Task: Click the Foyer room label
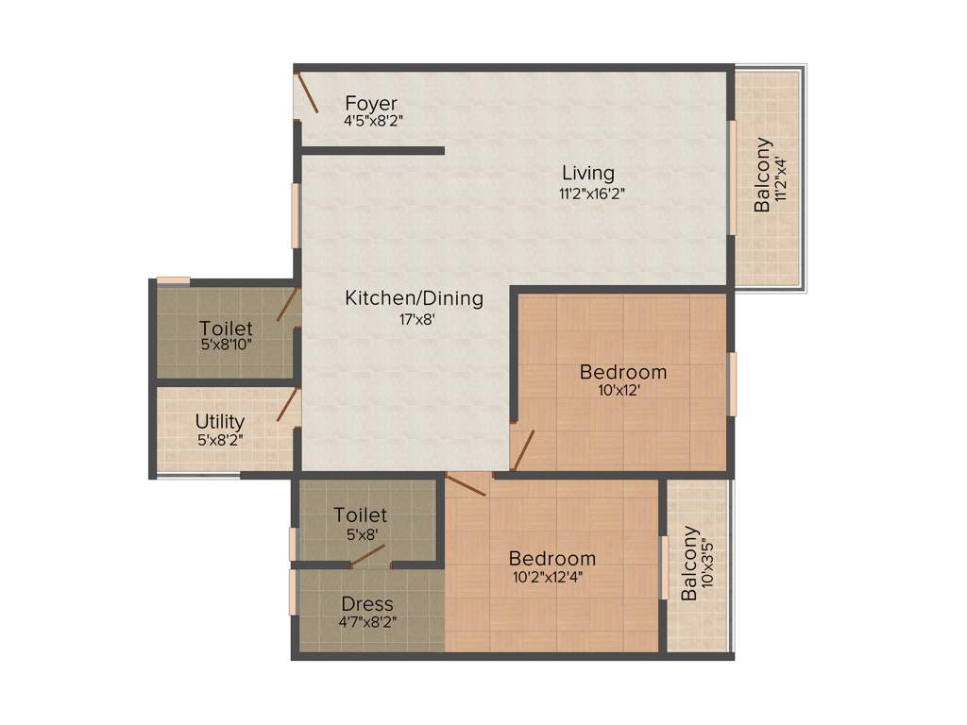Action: tap(371, 103)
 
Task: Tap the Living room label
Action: tap(588, 174)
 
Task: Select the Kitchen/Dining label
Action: tap(414, 298)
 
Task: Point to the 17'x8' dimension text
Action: tap(416, 319)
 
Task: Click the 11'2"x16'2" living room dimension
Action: tap(591, 193)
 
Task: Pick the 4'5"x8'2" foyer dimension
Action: tap(375, 121)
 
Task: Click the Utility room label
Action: tap(220, 421)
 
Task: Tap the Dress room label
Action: tap(367, 604)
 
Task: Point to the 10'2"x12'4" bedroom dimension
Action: tap(551, 578)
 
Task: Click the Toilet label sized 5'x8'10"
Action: tap(226, 329)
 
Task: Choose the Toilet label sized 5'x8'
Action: tap(361, 515)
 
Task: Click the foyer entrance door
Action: tap(307, 93)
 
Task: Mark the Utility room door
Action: tap(286, 405)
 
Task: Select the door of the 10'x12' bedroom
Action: tap(523, 449)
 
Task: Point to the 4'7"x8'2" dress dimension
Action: tap(367, 623)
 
